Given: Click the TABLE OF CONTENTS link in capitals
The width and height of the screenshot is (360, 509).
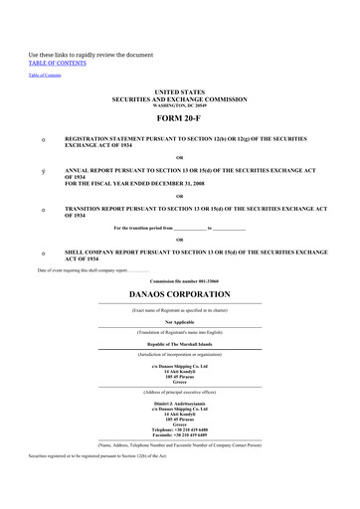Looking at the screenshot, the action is [58, 62].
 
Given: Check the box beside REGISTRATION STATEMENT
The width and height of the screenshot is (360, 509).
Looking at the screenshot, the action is [43, 139].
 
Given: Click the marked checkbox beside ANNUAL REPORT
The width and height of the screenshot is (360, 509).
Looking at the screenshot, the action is [43, 170].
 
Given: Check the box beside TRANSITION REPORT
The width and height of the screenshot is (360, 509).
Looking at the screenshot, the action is [43, 210].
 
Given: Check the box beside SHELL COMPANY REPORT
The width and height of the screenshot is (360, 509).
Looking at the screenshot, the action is [43, 254].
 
